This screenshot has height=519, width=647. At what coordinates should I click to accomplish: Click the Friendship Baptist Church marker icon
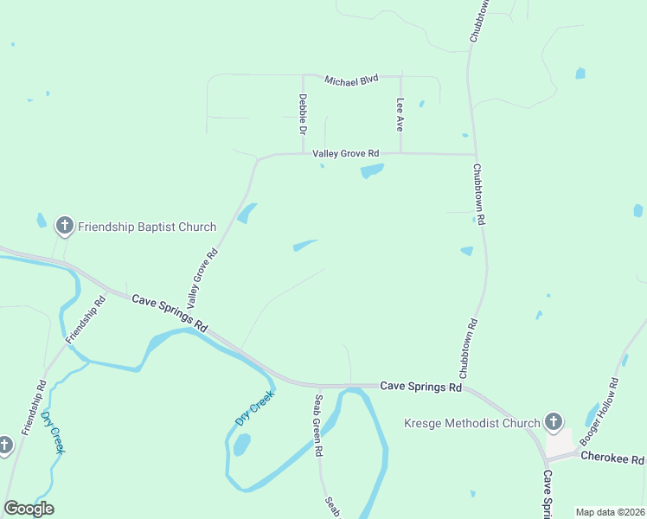64,227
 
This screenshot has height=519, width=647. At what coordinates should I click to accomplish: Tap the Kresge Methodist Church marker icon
554,423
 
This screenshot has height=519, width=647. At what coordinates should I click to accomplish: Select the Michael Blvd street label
352,80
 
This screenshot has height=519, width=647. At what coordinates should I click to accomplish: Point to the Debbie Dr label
303,114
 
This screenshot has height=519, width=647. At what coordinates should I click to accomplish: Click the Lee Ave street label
400,113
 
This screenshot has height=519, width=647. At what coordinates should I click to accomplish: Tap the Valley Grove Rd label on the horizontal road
346,153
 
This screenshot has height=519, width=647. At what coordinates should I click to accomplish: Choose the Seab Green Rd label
318,426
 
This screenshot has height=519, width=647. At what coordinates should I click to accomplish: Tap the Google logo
29,508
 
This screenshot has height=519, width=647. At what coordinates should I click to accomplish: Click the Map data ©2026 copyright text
610,512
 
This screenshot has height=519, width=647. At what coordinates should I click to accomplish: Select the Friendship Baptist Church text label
147,227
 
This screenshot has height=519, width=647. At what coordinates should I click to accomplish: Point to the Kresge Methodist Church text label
472,423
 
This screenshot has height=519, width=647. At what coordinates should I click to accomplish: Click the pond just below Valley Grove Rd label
372,170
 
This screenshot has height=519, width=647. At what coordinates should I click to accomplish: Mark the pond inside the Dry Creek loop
241,445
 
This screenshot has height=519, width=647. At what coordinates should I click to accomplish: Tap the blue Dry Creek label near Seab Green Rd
254,407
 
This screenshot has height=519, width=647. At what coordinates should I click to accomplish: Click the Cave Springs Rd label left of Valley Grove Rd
170,311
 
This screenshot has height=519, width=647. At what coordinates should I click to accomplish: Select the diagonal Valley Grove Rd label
201,279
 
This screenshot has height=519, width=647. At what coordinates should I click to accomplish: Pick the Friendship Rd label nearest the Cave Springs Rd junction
86,318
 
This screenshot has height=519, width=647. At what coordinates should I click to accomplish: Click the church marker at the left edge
4,446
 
